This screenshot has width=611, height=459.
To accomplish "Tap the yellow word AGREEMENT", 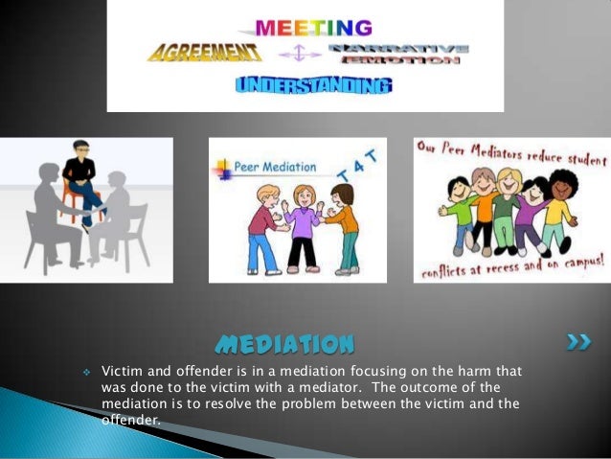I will point(204,52).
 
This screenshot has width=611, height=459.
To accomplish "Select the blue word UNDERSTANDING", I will point(312,86).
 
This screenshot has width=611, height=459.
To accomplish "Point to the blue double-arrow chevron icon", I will point(577,341).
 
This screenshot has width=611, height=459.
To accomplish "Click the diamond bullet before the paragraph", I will point(86,371).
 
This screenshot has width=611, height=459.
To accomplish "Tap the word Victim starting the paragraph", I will point(120,370).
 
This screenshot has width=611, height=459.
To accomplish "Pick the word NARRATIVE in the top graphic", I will point(397,48).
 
